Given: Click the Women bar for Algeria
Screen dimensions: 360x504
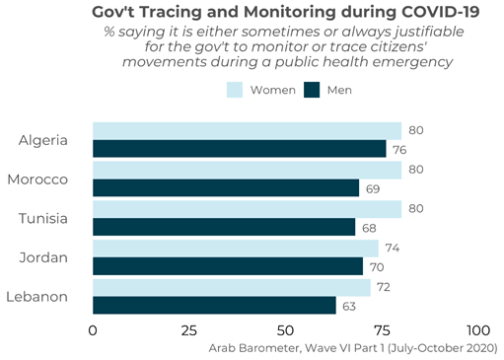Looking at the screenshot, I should (x=247, y=131).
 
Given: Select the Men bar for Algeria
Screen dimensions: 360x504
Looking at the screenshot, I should (x=239, y=149).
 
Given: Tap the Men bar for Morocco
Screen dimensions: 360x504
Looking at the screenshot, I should (x=226, y=187).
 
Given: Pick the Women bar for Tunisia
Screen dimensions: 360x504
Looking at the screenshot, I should (x=247, y=209).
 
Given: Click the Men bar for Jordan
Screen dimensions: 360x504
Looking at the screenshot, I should (x=228, y=266).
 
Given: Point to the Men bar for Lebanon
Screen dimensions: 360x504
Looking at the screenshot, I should (x=214, y=305).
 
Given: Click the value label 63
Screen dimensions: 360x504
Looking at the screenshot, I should (x=350, y=306).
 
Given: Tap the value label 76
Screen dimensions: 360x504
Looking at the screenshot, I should (x=400, y=149).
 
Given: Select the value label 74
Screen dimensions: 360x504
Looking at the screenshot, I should (x=393, y=249).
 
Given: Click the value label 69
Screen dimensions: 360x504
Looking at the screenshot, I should (x=374, y=187).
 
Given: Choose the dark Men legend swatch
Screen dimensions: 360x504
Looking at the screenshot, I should (x=313, y=90).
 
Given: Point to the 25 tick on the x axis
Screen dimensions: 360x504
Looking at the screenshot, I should (x=189, y=330).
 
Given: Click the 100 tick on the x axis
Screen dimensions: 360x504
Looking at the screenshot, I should (x=477, y=330).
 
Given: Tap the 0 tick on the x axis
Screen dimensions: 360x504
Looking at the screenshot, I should (x=94, y=330).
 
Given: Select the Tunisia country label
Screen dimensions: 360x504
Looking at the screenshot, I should (x=43, y=218).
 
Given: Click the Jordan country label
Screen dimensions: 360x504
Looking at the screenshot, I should (x=44, y=257).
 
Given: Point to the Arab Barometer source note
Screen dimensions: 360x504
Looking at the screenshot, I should (x=353, y=348).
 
